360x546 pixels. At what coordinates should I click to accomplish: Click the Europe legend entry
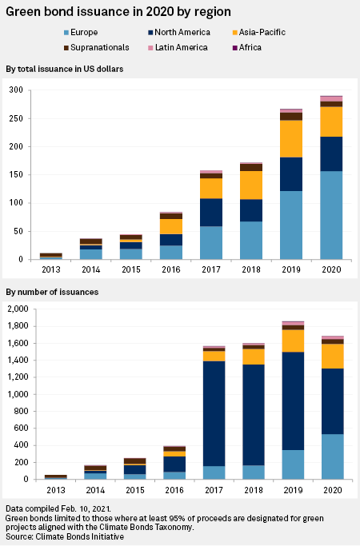click(81, 33)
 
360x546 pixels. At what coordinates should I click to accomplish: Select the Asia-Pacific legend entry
click(259, 33)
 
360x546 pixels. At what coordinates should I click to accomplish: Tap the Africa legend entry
click(247, 48)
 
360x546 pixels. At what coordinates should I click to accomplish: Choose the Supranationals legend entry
click(97, 48)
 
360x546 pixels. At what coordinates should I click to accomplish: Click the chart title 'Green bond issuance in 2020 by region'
click(118, 12)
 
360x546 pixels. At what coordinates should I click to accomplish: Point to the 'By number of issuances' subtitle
click(52, 292)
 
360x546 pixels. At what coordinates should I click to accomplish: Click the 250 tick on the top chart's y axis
click(16, 118)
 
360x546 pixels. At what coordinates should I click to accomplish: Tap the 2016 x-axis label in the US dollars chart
click(171, 269)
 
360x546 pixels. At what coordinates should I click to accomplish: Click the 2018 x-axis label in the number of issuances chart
click(254, 490)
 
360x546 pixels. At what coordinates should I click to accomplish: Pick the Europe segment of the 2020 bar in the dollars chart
click(331, 215)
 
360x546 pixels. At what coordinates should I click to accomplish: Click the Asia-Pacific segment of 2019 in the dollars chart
click(291, 139)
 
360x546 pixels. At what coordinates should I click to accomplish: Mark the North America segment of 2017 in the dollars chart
click(211, 213)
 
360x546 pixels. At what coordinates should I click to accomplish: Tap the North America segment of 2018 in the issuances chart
click(254, 415)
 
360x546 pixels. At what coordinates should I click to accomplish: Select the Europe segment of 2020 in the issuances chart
click(333, 456)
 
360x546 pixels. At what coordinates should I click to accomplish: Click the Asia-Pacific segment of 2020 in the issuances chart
click(333, 357)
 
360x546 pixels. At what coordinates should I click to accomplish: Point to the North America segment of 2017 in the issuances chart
click(214, 413)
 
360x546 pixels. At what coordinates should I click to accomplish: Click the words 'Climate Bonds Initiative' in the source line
click(80, 536)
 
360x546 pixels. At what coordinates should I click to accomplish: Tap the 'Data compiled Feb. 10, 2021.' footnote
click(58, 508)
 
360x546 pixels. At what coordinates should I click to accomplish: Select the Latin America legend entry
click(178, 48)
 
